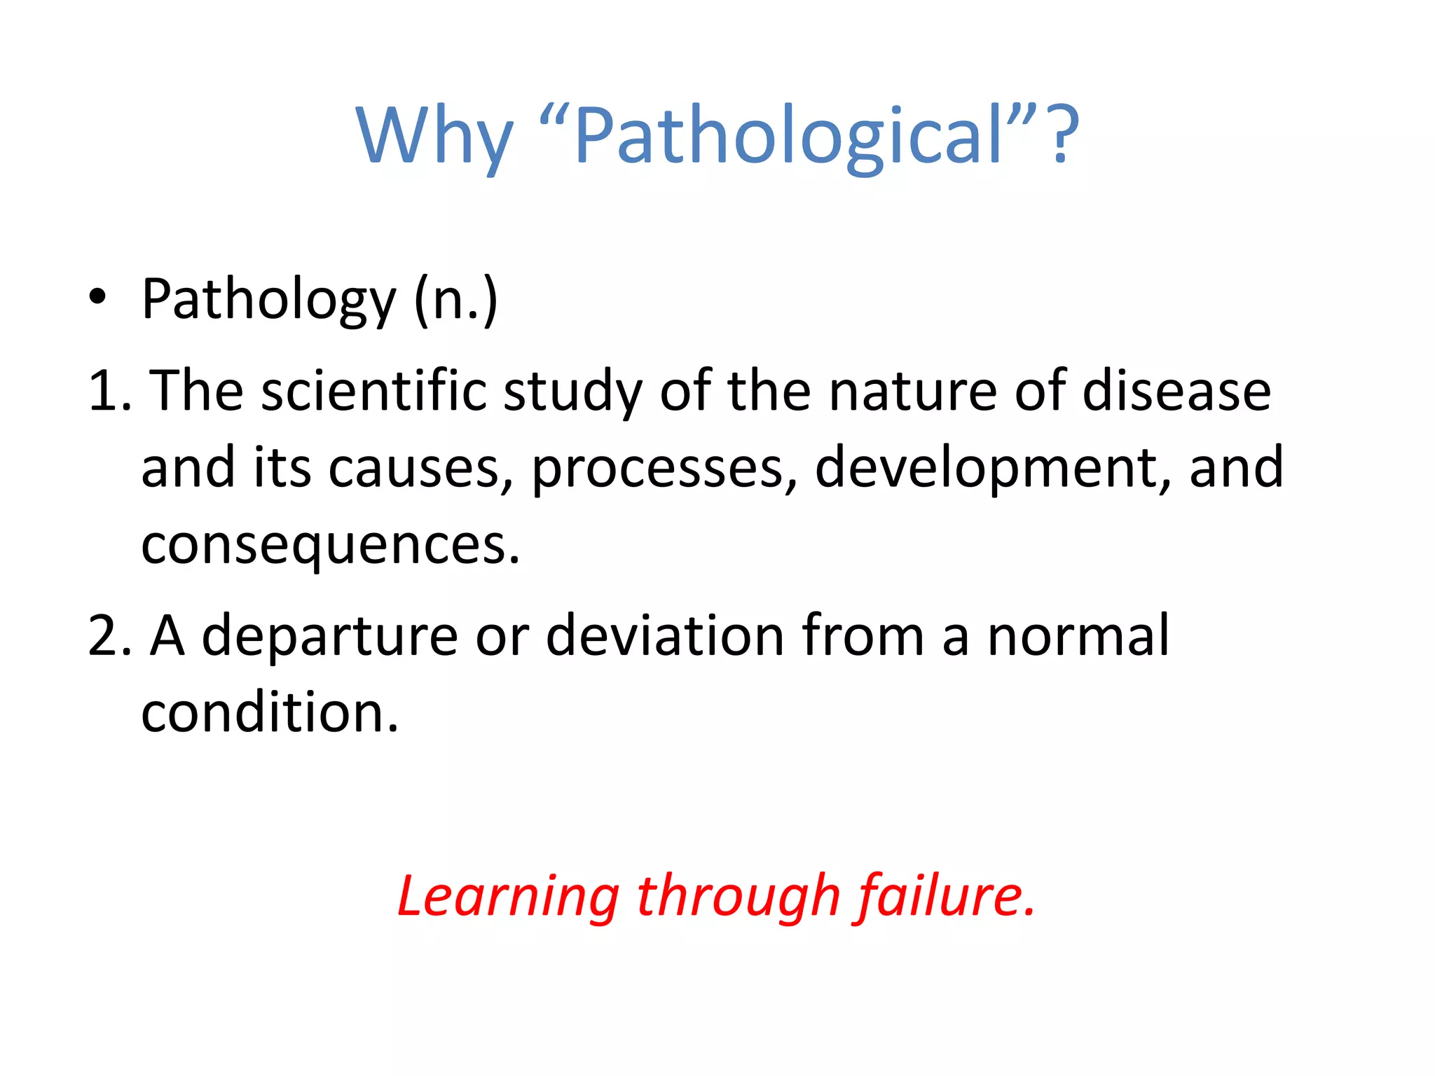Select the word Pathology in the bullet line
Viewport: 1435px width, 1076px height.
click(269, 300)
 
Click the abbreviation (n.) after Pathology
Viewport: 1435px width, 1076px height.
click(456, 300)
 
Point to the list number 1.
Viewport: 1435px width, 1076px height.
click(107, 391)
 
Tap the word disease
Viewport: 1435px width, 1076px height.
click(1176, 391)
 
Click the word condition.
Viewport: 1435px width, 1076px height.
click(270, 713)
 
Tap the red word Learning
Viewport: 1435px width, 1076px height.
click(508, 897)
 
